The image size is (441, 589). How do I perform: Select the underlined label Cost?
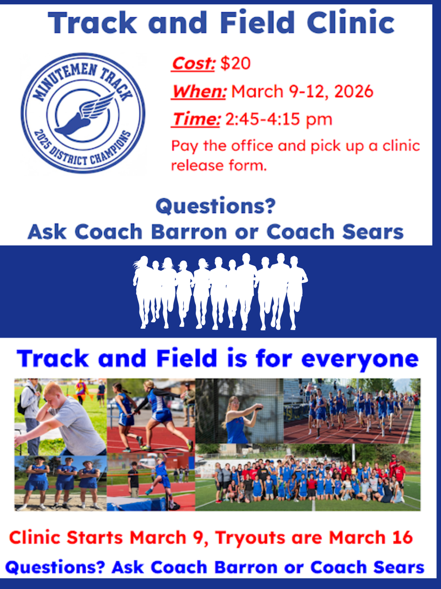(x=194, y=63)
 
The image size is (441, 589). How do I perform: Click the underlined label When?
(x=199, y=91)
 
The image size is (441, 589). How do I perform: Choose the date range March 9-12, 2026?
(x=302, y=91)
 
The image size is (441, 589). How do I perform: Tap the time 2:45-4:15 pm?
(x=278, y=119)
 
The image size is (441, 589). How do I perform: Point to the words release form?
(x=219, y=166)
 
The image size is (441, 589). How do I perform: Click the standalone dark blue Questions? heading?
(x=215, y=205)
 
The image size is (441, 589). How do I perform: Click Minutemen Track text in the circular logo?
(x=80, y=72)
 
